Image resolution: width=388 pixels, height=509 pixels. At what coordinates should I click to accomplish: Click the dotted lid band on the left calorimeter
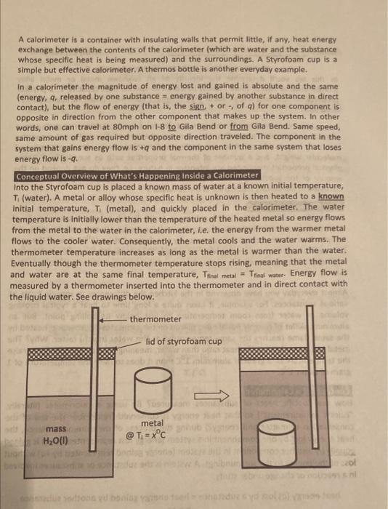(68, 353)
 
